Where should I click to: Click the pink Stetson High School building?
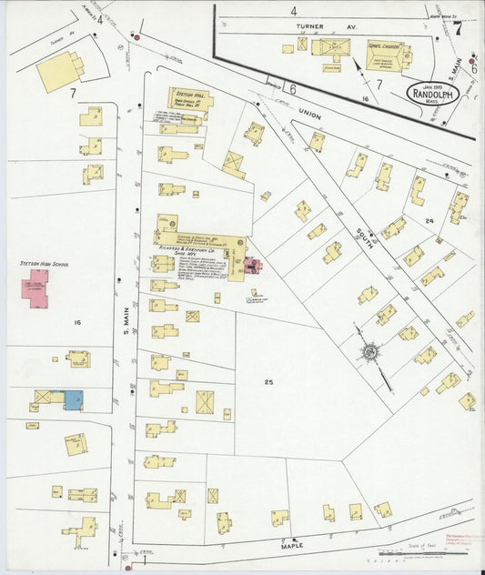36,287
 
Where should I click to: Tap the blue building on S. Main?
72,399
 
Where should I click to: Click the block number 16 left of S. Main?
77,322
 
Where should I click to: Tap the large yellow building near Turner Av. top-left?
59,71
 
